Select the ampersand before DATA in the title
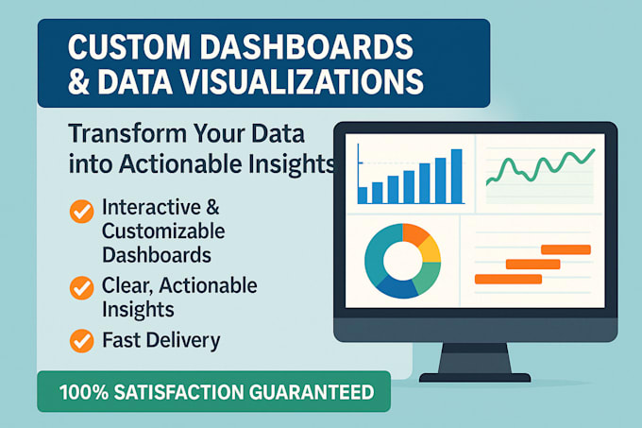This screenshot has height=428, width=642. point(83,81)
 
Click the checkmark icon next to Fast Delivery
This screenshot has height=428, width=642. point(82,340)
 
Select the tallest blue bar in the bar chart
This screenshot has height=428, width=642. point(457,176)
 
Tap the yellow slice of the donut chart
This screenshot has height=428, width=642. point(430,249)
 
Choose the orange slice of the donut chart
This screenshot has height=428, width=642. point(415,232)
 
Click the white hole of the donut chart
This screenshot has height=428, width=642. point(402,259)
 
